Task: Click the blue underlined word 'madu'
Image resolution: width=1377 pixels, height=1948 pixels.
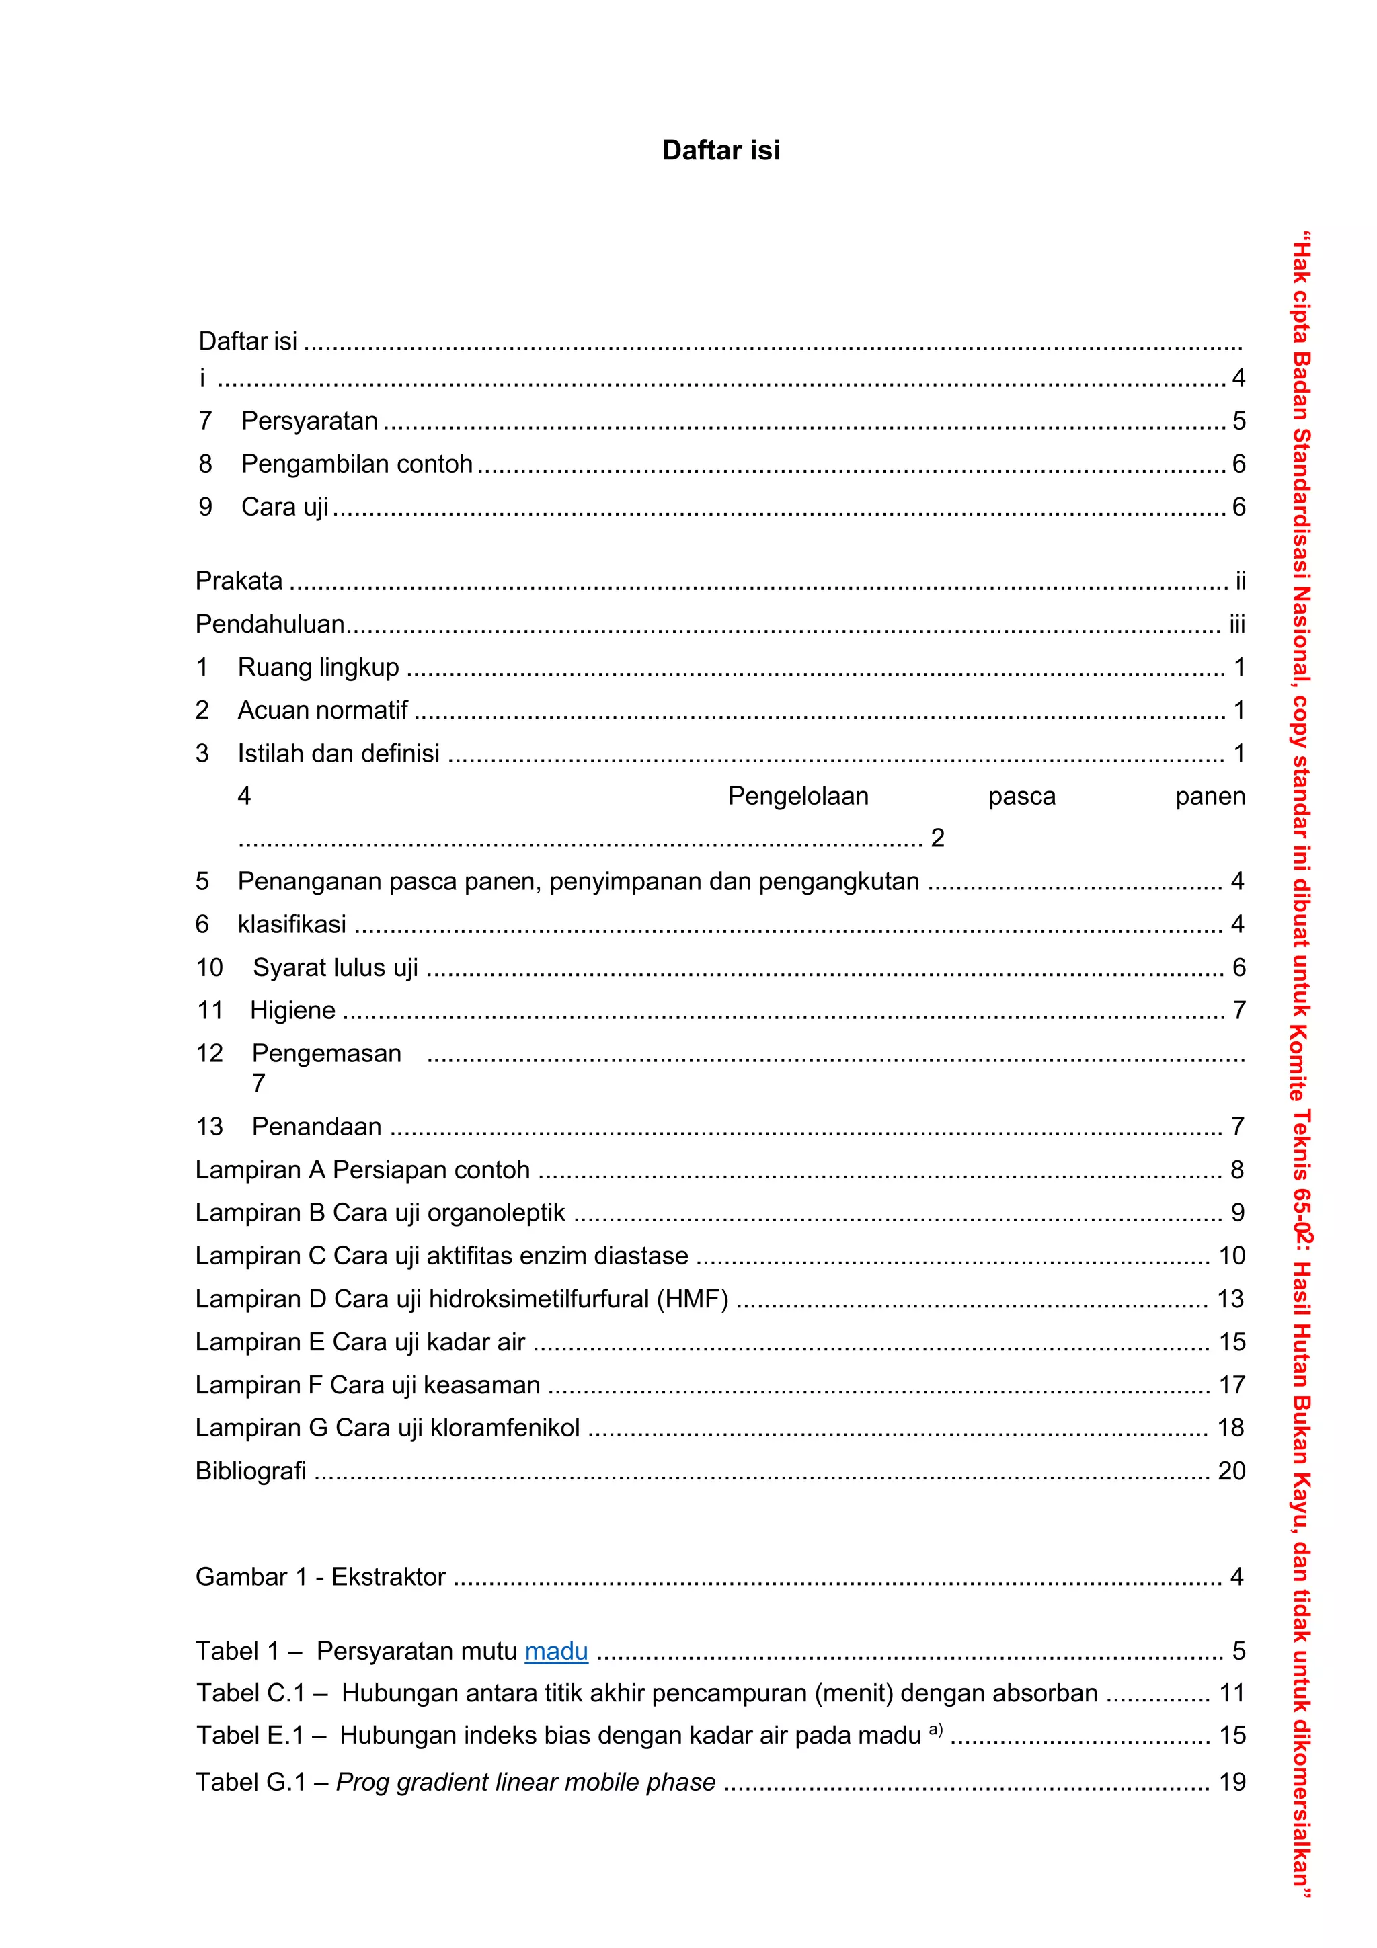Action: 556,1651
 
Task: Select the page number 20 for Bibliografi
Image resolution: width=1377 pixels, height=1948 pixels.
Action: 1231,1470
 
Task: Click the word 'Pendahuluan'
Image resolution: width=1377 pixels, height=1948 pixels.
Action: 270,624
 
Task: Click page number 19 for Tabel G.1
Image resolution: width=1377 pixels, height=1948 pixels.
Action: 1232,1782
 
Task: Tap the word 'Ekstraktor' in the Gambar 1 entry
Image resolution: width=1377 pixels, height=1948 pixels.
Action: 388,1576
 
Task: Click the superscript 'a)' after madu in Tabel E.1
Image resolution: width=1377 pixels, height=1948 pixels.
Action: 936,1728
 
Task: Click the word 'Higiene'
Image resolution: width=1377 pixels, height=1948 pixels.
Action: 292,1010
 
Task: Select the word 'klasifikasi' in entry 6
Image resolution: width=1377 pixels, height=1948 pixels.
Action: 292,924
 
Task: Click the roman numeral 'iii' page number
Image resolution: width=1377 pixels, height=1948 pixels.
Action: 1237,624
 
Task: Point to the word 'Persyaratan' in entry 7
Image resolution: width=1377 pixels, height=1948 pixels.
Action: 310,421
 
